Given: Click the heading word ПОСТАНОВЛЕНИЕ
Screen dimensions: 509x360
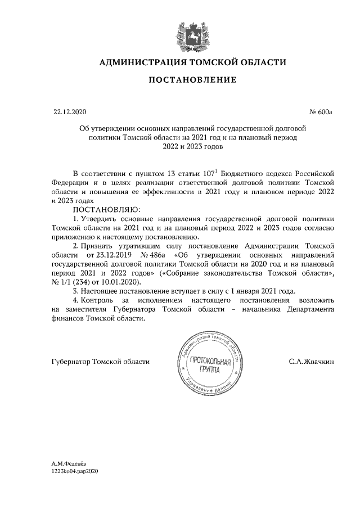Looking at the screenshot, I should tap(192, 80).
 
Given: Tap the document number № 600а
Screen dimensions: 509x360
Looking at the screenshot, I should tap(321, 112).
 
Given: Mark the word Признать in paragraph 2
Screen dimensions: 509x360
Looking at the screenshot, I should tap(101, 246).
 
